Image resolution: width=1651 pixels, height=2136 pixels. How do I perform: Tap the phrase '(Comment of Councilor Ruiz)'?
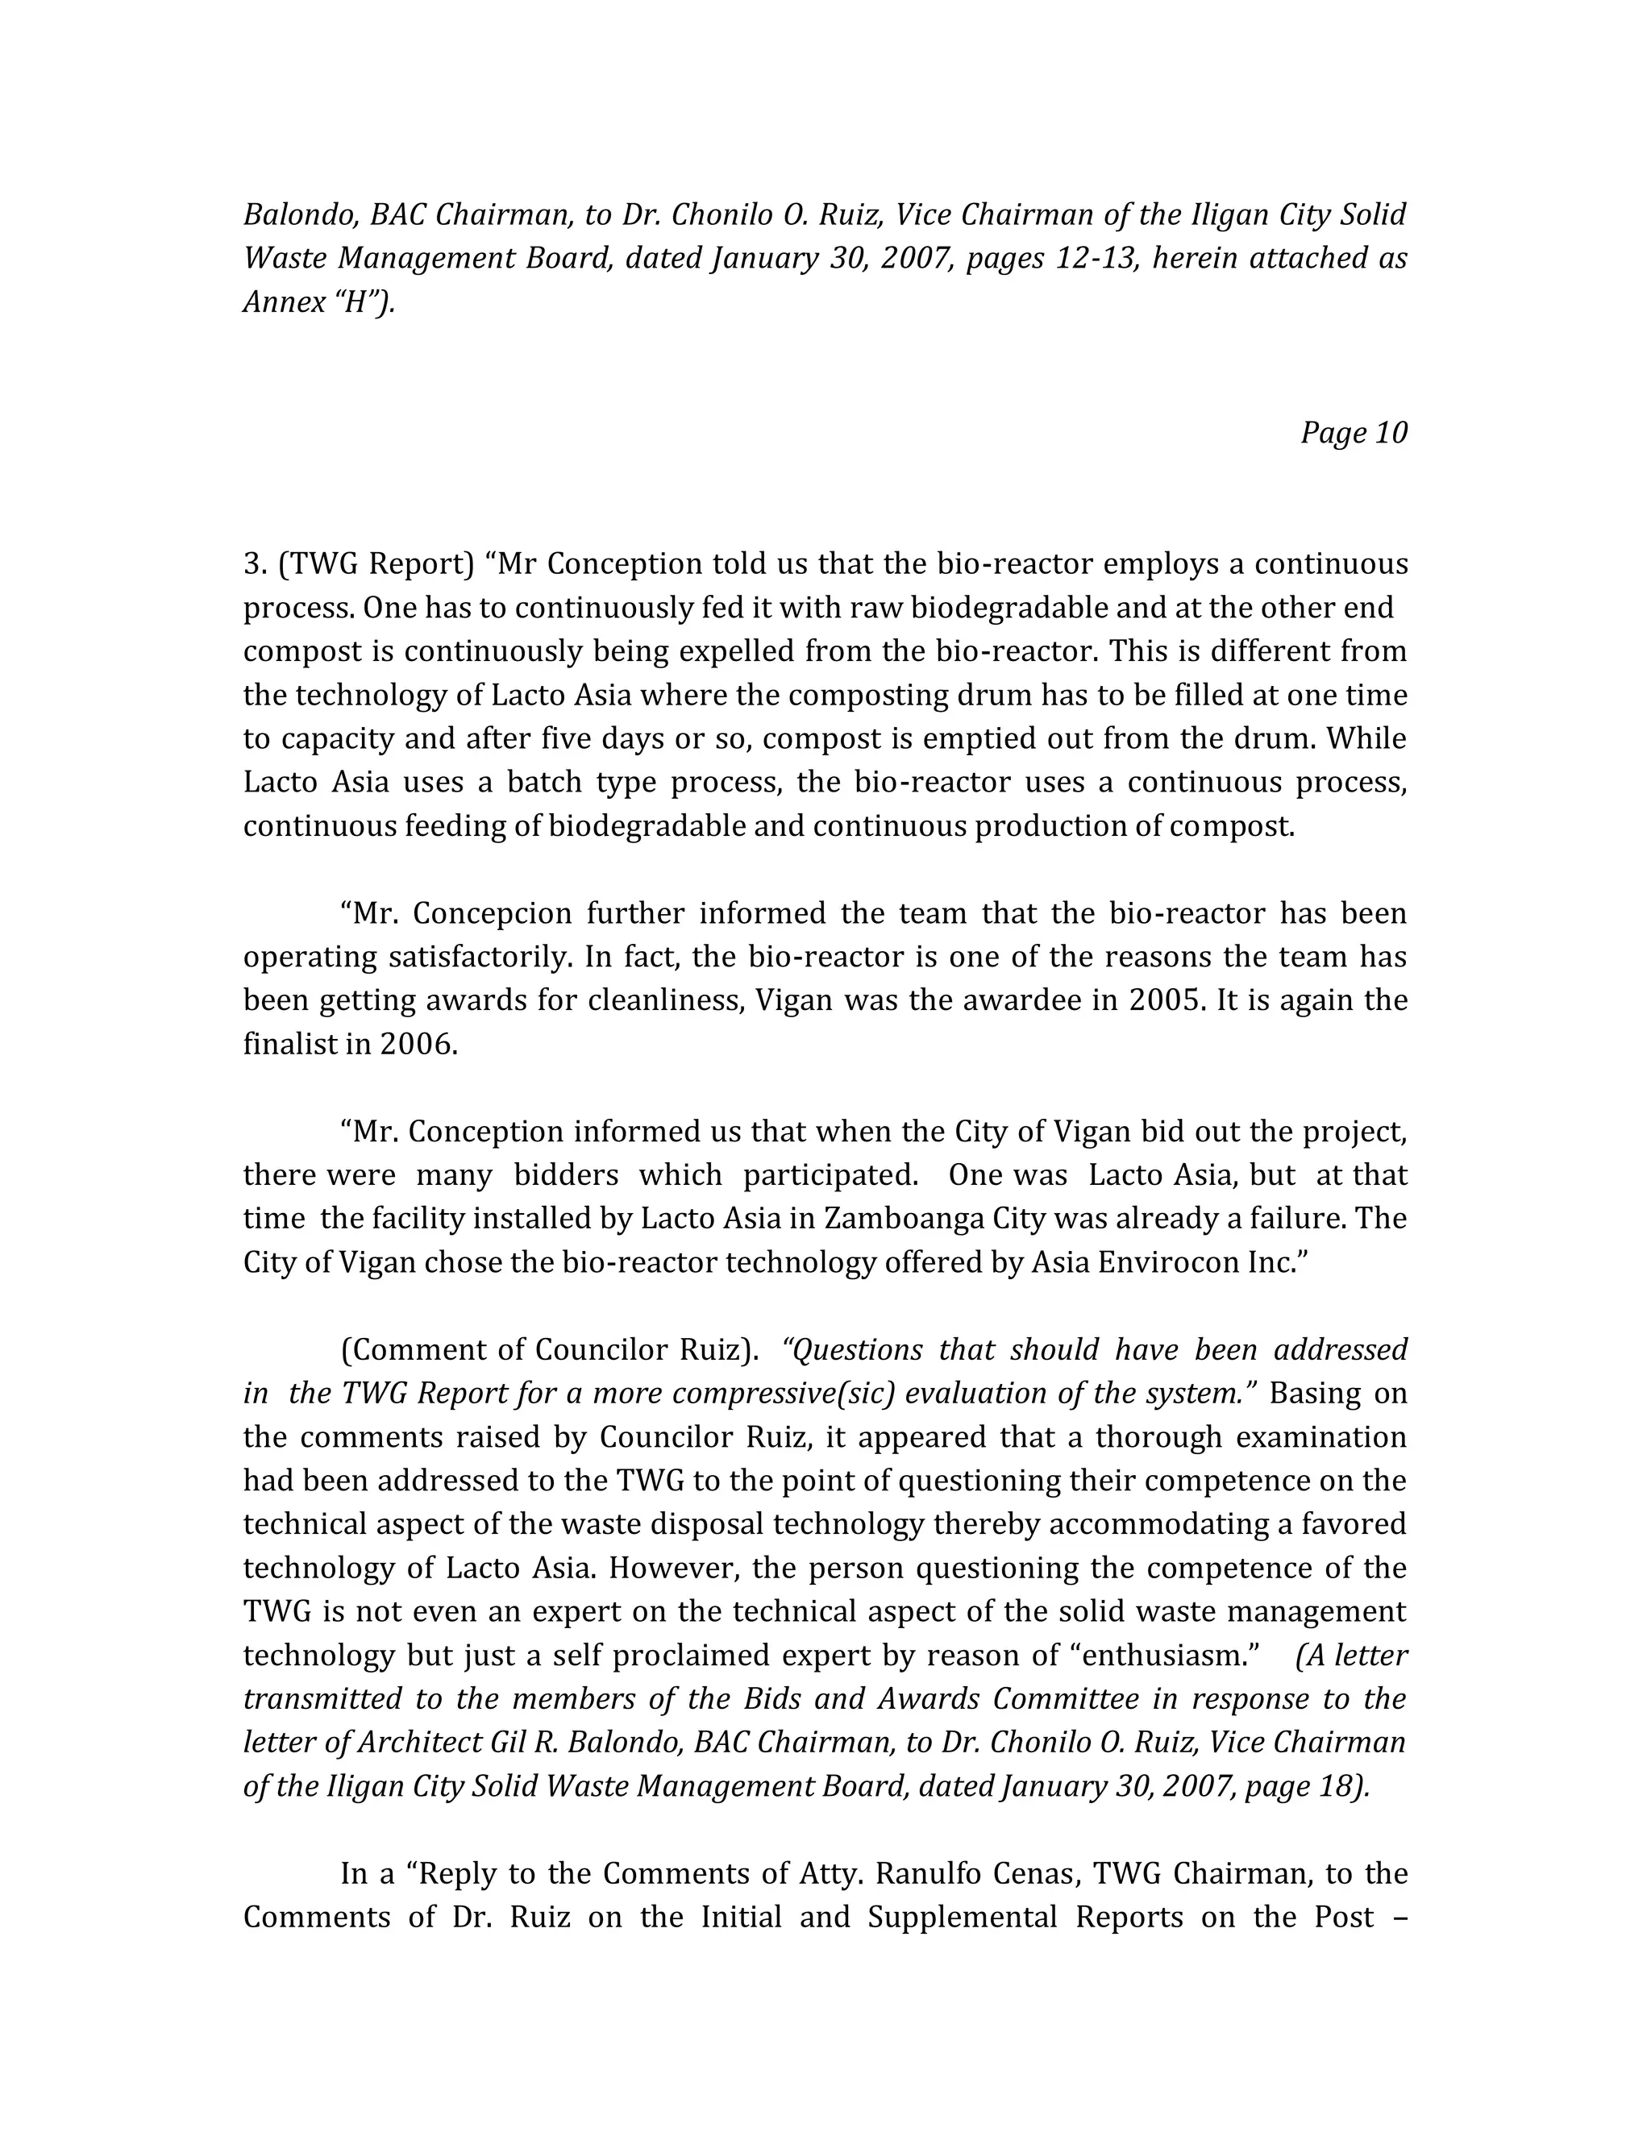550,1349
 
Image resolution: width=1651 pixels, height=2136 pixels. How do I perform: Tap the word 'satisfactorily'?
480,958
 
